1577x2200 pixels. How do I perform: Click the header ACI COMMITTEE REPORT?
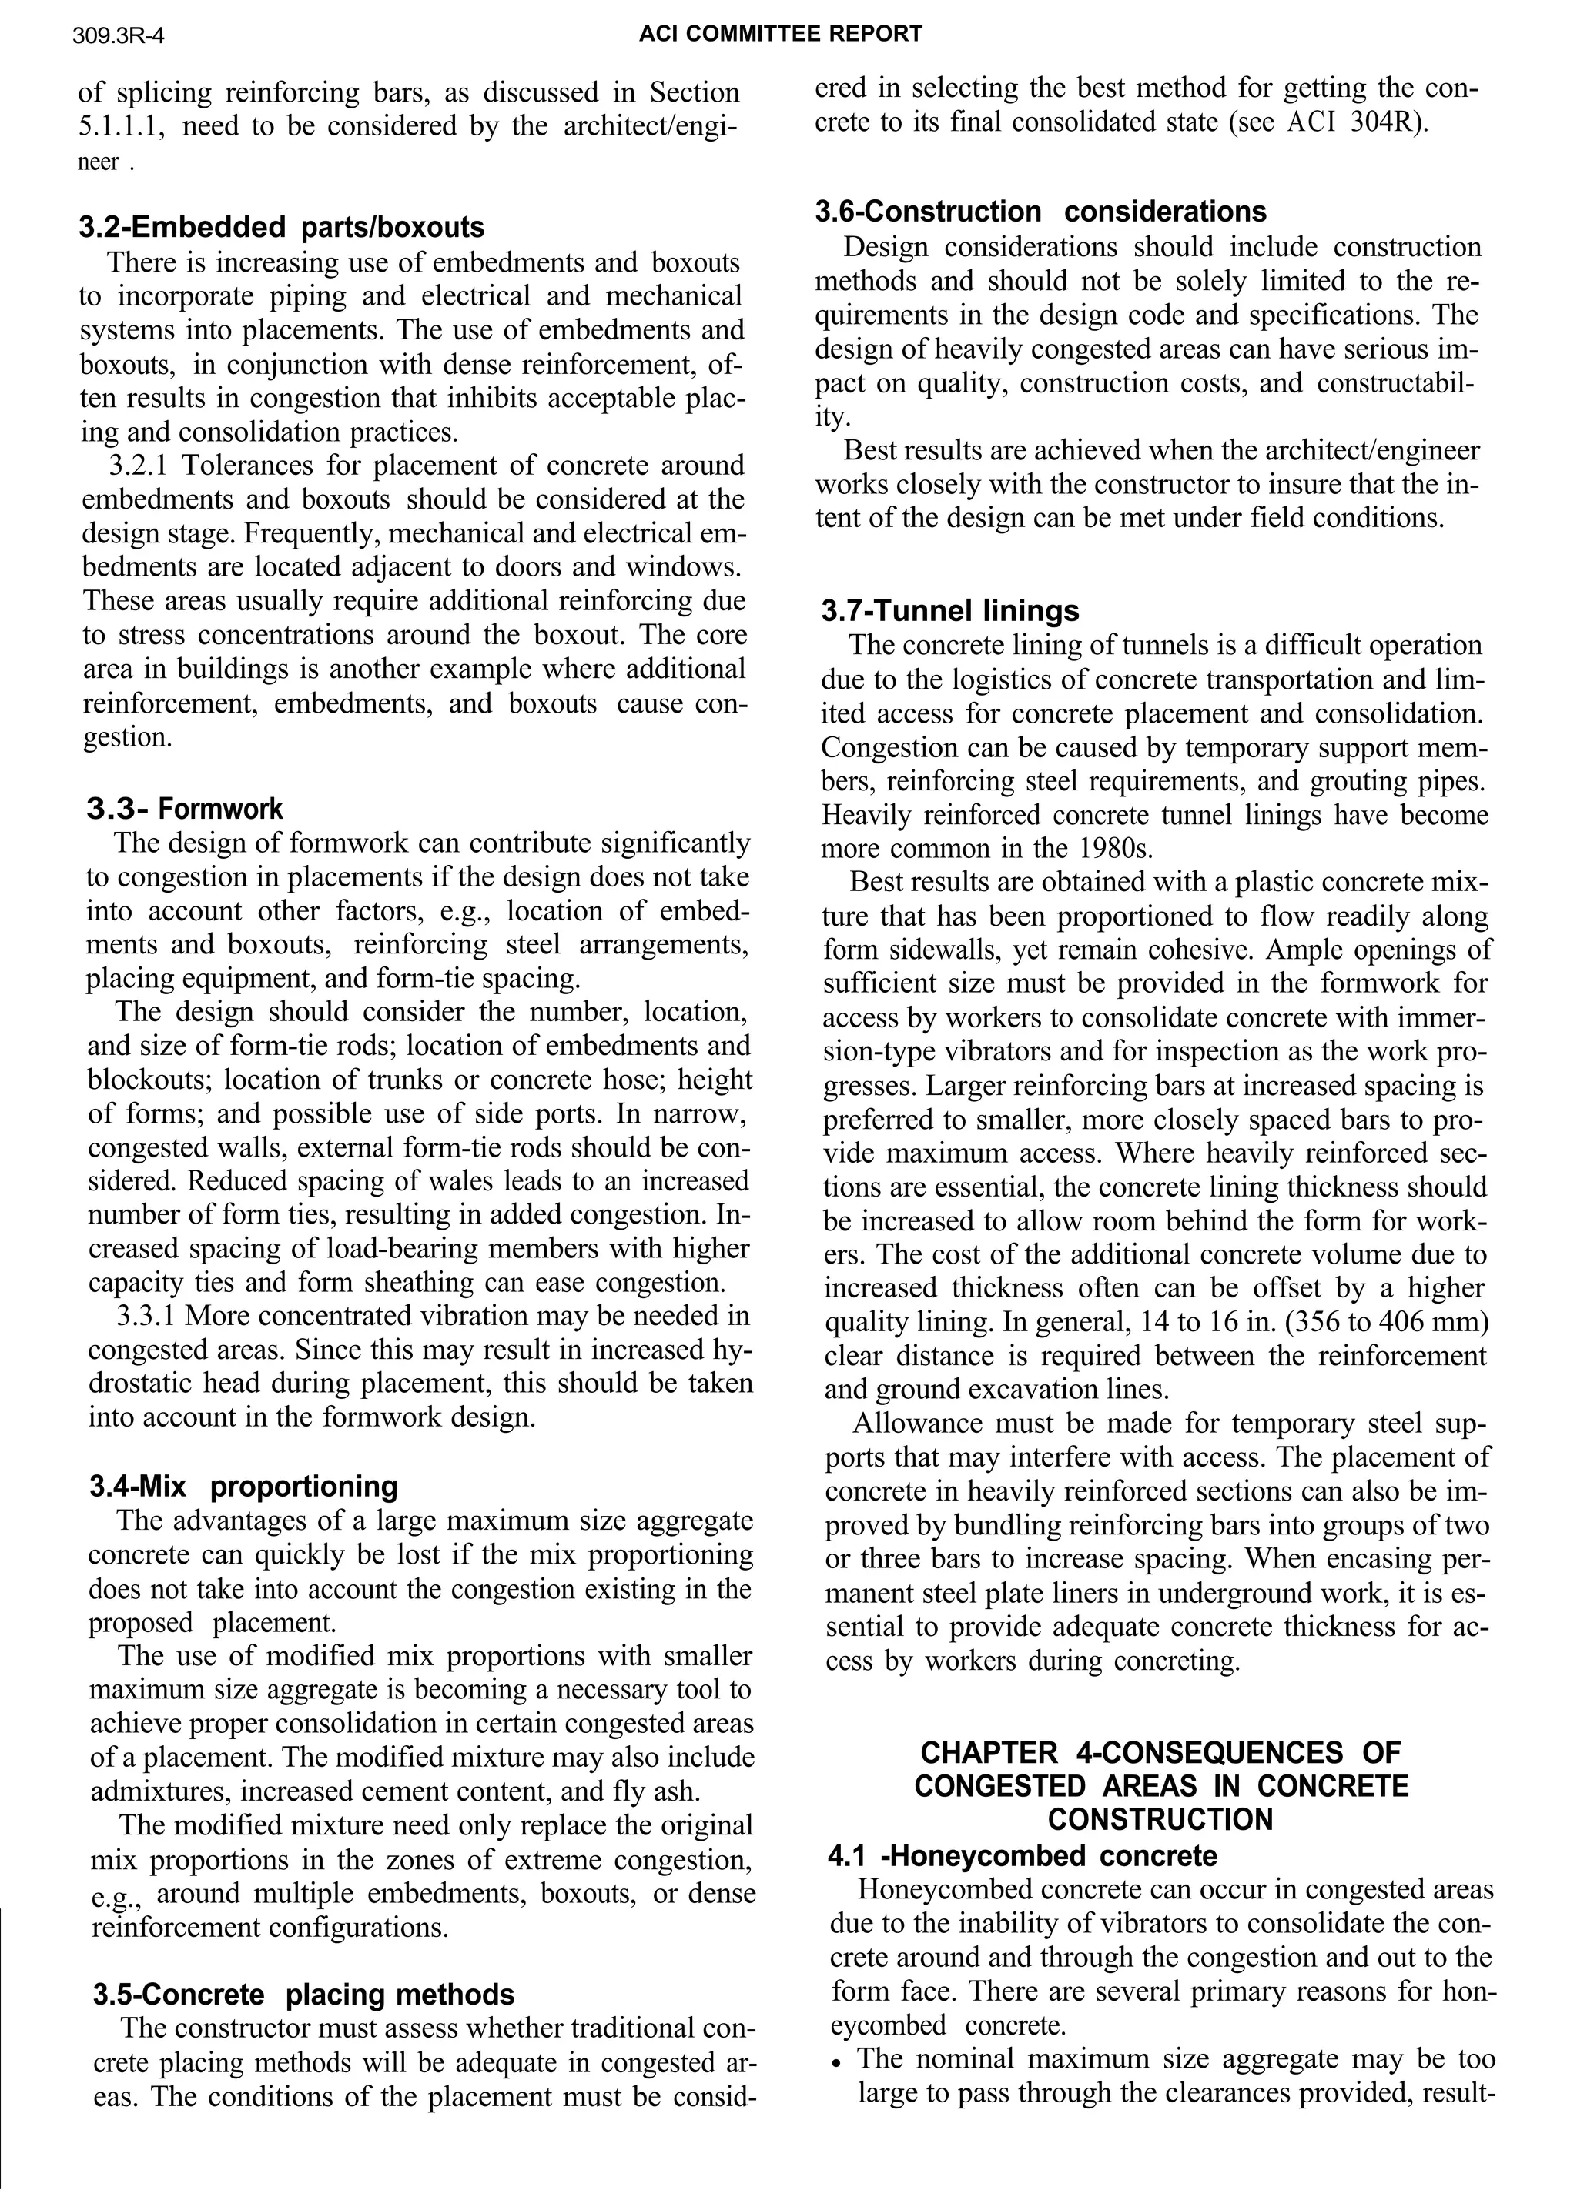click(780, 34)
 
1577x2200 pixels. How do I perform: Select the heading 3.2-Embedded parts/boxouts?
click(281, 227)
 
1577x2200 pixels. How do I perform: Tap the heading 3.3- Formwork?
click(184, 808)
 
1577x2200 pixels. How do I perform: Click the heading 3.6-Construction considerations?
click(1040, 212)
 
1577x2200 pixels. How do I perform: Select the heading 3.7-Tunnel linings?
click(949, 611)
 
